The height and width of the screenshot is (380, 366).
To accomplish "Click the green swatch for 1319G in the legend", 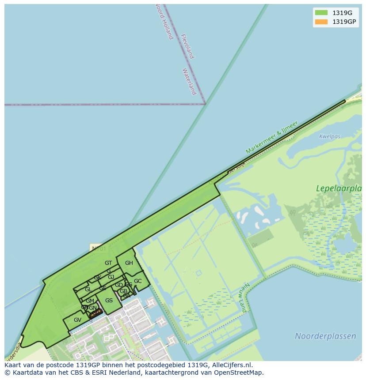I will pos(321,13).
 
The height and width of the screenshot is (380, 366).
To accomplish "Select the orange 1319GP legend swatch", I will pos(321,22).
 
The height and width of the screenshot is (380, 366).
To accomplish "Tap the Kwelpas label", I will pos(330,136).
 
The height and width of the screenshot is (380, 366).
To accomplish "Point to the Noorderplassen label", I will pos(325,336).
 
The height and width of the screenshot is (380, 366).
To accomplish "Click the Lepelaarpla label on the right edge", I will pos(339,188).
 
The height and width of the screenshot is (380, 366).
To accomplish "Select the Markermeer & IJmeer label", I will pos(271,137).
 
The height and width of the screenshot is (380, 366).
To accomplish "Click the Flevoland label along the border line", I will pos(187,46).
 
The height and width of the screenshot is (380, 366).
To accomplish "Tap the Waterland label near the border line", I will pos(189,81).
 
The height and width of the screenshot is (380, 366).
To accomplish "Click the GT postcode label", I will pos(108,263).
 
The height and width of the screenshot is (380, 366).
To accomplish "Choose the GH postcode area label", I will pos(129,263).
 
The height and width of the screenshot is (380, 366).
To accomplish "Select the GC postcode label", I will pos(137,281).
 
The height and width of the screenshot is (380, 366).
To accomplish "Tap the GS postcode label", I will pos(109,301).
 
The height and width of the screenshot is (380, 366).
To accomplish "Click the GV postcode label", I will pos(77,320).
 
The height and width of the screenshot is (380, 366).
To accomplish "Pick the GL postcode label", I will pos(88,290).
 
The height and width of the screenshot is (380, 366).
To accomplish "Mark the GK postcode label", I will pos(97,278).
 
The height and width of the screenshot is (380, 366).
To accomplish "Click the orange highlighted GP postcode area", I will pos(96,312).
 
